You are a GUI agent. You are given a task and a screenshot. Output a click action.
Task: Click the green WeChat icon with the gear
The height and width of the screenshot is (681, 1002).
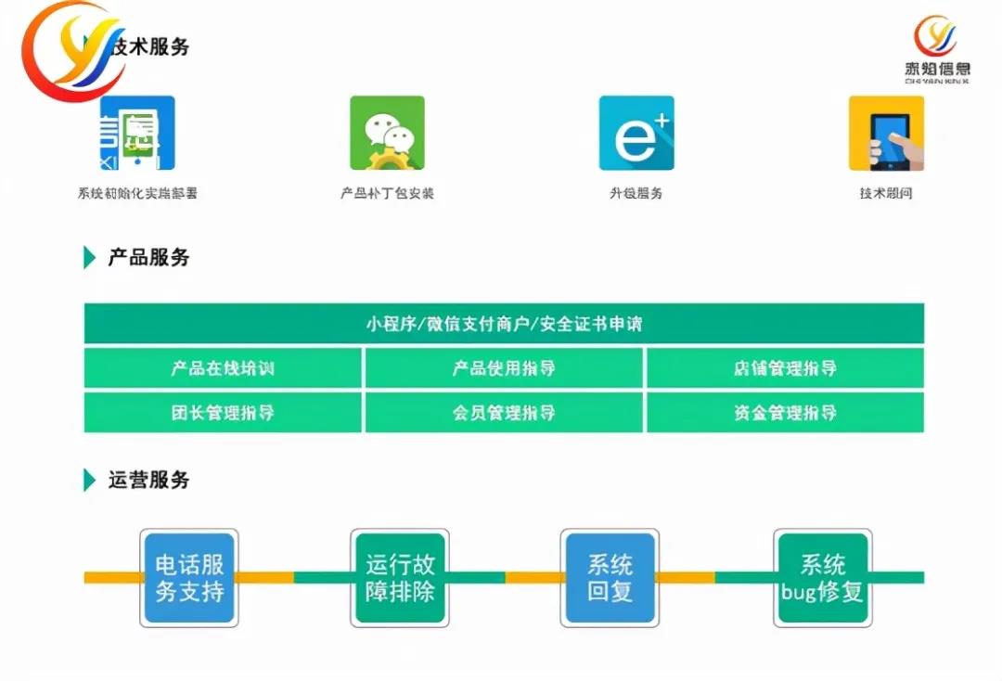coord(387,133)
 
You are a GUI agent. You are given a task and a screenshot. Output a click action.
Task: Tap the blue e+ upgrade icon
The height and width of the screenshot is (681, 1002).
coord(636,133)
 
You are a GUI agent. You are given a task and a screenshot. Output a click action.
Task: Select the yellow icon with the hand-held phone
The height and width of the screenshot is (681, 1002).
coord(886,133)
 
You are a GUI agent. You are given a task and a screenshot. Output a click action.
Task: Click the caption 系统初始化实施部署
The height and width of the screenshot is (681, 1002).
coord(137,194)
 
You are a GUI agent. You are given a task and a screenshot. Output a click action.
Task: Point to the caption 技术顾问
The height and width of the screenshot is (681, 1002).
coord(886,194)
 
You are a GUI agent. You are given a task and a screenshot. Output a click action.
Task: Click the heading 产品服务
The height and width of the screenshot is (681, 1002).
coord(148,258)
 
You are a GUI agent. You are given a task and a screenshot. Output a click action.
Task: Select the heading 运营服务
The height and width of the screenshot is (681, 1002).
coord(148,480)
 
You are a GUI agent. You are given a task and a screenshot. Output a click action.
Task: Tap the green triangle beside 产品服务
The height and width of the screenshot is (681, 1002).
coord(89,258)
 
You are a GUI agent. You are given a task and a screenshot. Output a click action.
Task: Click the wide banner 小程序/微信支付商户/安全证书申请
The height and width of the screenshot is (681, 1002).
coord(504,324)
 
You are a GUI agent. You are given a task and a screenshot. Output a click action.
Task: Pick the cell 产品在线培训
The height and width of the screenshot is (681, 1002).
coord(223,368)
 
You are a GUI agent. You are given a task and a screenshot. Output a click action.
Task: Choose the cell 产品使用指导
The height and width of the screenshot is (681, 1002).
coord(504,368)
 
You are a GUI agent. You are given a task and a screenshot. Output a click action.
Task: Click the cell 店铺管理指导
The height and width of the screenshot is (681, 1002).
coord(785,368)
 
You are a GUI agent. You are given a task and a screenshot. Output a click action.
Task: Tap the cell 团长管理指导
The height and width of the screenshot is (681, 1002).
coord(223,413)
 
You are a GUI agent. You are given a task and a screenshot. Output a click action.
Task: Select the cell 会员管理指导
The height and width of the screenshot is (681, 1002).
coord(504,413)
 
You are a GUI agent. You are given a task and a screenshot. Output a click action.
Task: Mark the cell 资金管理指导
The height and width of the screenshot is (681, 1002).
coord(785,413)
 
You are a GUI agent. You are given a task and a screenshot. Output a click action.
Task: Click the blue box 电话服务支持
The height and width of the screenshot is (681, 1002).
coord(189,577)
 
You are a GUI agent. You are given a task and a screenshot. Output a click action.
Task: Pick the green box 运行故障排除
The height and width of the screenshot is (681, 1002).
coord(400,577)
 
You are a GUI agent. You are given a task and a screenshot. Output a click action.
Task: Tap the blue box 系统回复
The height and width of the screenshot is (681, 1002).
coord(610,577)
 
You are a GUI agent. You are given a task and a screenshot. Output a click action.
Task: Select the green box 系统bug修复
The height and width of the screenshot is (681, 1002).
coord(822,577)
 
